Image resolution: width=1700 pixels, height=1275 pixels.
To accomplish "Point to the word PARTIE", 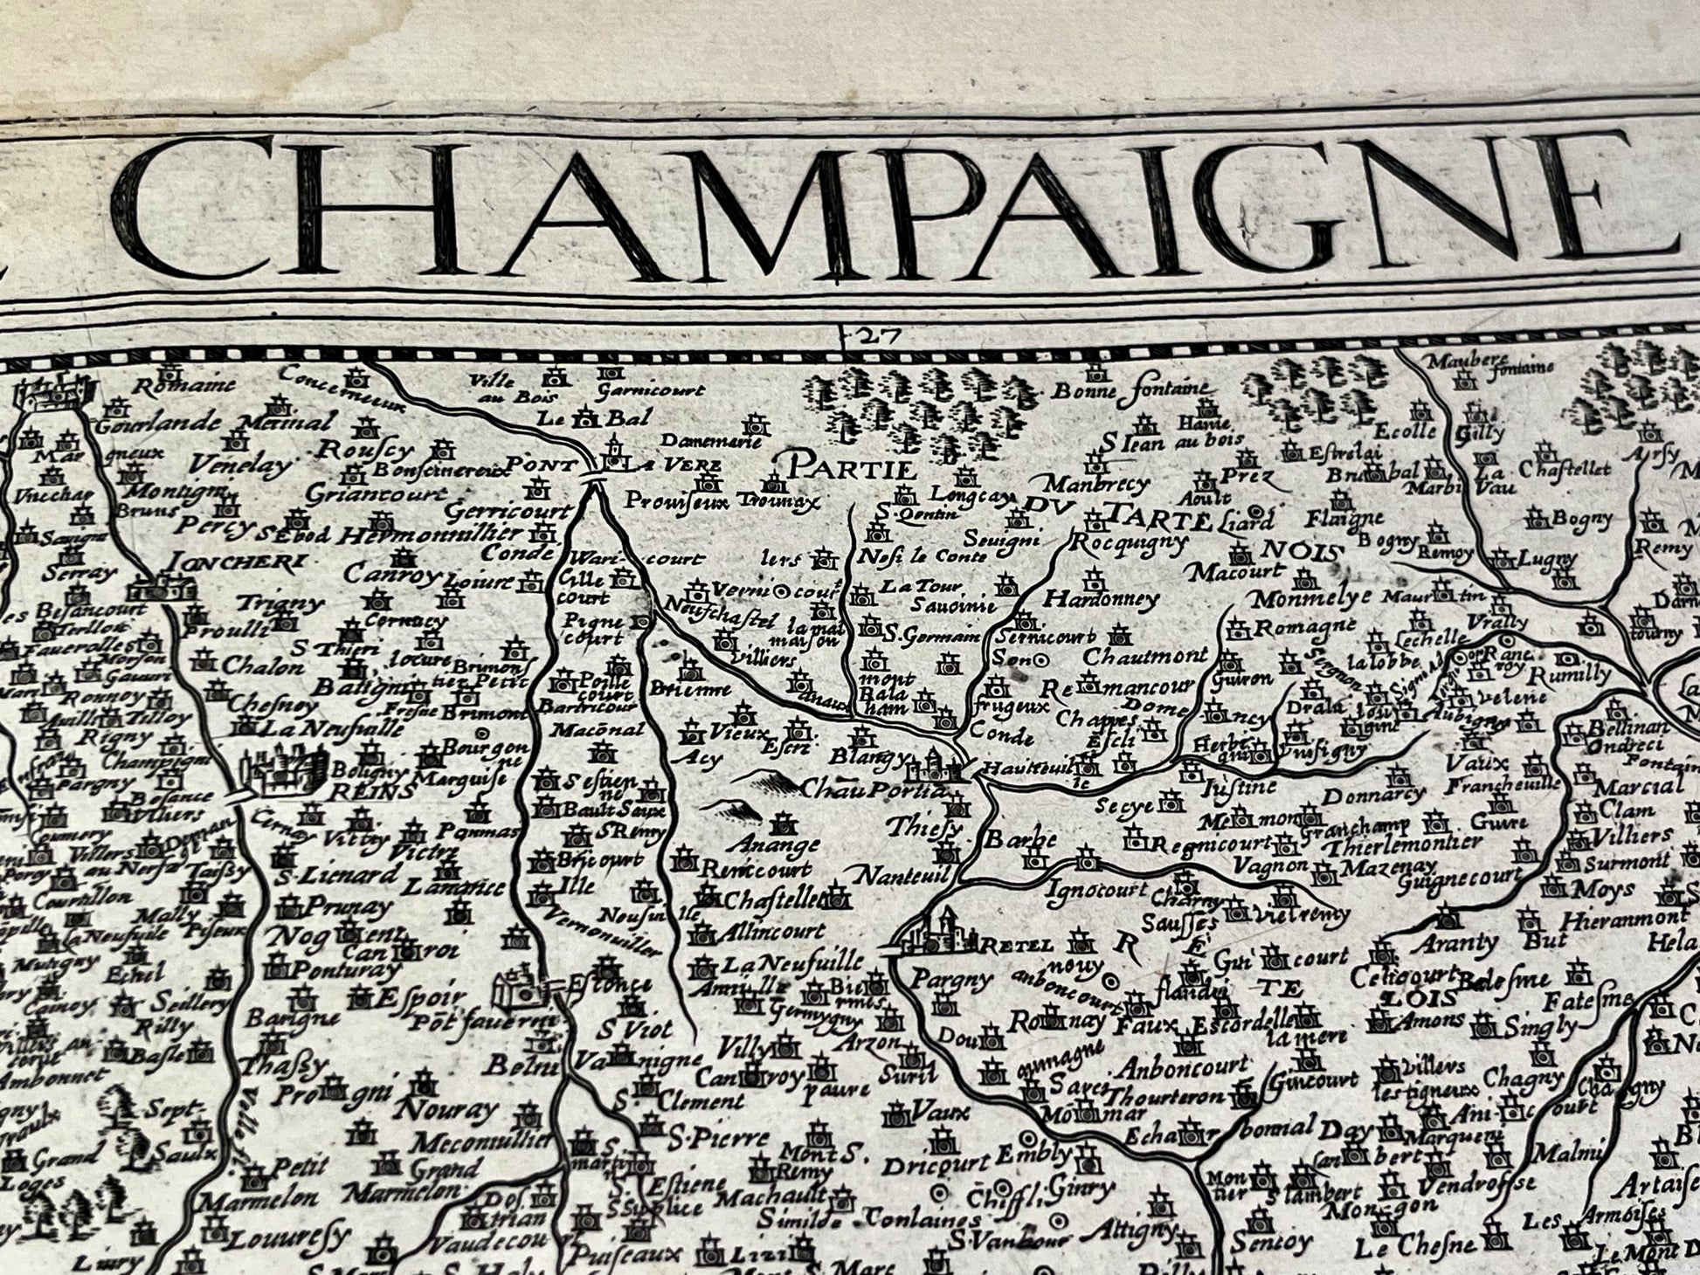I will tap(852, 469).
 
